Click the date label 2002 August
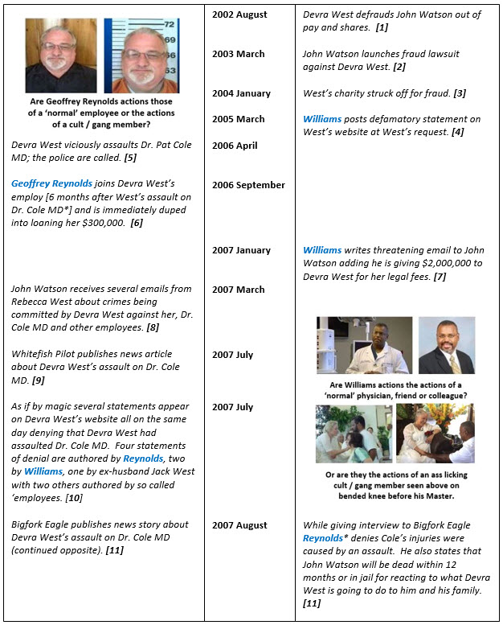[x=240, y=14]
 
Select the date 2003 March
[x=239, y=54]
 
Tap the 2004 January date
[x=243, y=93]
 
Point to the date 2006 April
[x=235, y=146]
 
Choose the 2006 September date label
[x=248, y=185]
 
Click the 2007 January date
[x=243, y=250]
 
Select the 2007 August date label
[x=239, y=525]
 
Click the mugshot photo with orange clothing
[x=141, y=56]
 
